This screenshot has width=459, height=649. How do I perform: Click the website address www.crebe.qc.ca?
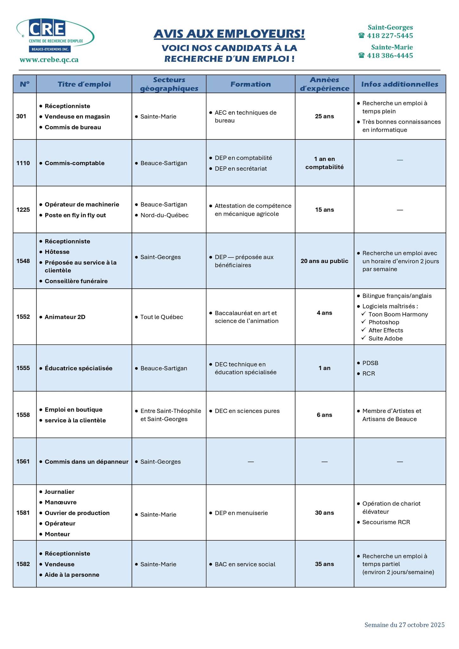[49, 60]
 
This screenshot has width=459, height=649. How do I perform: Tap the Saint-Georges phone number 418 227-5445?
[390, 35]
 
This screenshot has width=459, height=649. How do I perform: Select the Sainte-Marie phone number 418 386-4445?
[390, 55]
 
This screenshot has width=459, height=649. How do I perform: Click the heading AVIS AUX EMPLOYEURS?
[229, 34]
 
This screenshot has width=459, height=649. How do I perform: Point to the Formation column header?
[250, 84]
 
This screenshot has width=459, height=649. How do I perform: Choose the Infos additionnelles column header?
[399, 84]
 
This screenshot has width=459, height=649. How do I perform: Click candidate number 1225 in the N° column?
[23, 209]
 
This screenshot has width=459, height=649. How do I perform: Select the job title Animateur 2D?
[65, 317]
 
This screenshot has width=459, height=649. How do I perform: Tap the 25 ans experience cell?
[324, 116]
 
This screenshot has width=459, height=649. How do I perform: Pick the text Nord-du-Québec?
[164, 215]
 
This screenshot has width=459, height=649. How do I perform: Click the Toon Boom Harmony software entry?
[398, 314]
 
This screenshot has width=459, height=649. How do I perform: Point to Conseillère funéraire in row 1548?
[76, 281]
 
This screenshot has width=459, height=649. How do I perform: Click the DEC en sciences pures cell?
[247, 411]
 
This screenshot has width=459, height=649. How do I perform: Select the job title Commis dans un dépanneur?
[87, 461]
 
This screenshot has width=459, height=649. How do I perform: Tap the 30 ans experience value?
[324, 513]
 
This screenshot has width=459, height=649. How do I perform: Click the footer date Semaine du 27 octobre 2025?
[404, 625]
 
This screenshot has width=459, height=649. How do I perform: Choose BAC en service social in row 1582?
[245, 564]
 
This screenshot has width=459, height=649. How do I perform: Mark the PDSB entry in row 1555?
[370, 363]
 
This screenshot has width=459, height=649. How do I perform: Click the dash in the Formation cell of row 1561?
[250, 462]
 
